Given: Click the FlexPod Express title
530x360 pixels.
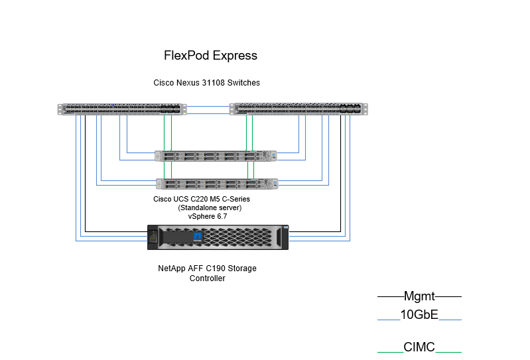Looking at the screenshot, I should pyautogui.click(x=210, y=56).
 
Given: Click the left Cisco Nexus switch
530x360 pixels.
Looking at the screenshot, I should pyautogui.click(x=121, y=109).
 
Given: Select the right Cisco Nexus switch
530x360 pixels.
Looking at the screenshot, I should pyautogui.click(x=299, y=109).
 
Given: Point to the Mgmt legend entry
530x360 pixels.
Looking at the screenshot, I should pyautogui.click(x=419, y=296).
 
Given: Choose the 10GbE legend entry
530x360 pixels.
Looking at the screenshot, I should pyautogui.click(x=419, y=315).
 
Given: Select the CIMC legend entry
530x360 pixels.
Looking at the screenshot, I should pyautogui.click(x=419, y=347).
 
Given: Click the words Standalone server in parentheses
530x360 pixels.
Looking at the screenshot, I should pyautogui.click(x=210, y=208).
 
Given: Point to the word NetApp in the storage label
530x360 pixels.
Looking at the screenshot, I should pyautogui.click(x=171, y=269).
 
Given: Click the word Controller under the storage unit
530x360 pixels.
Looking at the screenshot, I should pyautogui.click(x=208, y=278).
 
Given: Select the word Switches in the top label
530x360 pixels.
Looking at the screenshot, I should pyautogui.click(x=245, y=83).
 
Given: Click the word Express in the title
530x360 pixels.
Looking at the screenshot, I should pyautogui.click(x=234, y=56).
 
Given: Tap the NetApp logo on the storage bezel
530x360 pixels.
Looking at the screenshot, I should pyautogui.click(x=197, y=236).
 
